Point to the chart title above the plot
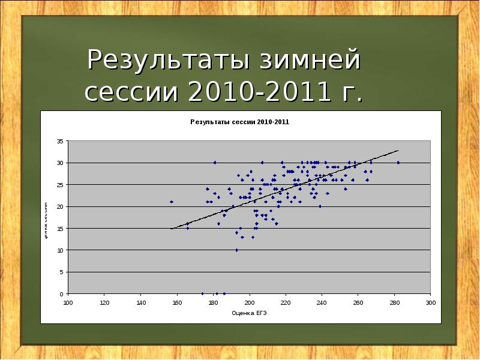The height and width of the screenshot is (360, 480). [x=239, y=122]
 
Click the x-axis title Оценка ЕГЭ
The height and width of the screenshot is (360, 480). [x=249, y=313]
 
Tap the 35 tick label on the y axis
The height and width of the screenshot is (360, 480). [x=59, y=141]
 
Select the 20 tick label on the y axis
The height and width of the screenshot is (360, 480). [x=59, y=206]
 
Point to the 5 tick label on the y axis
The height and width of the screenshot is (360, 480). [x=61, y=272]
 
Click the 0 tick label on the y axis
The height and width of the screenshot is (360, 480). [x=61, y=294]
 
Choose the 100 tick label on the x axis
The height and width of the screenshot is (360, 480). [x=68, y=302]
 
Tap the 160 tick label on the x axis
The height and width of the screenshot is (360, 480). [x=177, y=302]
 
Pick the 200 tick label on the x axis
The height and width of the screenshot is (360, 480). [x=250, y=302]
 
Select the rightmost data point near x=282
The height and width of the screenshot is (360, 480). [x=398, y=163]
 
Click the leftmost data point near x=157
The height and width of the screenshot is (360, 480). [x=172, y=202]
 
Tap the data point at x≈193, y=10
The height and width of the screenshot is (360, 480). [x=236, y=250]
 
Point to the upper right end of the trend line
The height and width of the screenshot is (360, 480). [x=397, y=151]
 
